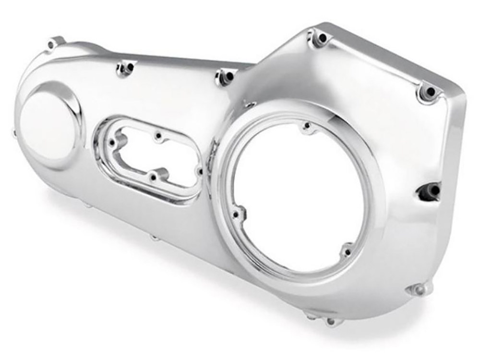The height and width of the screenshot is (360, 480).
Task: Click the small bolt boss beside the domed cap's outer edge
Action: [x=13, y=130]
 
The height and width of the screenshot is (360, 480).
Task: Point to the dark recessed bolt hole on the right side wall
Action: [x=432, y=191]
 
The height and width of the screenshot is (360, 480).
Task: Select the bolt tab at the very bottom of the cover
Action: [x=331, y=321]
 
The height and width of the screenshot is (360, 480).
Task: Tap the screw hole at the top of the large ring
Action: [x=307, y=127]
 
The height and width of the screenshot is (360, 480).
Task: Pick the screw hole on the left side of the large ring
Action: [x=236, y=213]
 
